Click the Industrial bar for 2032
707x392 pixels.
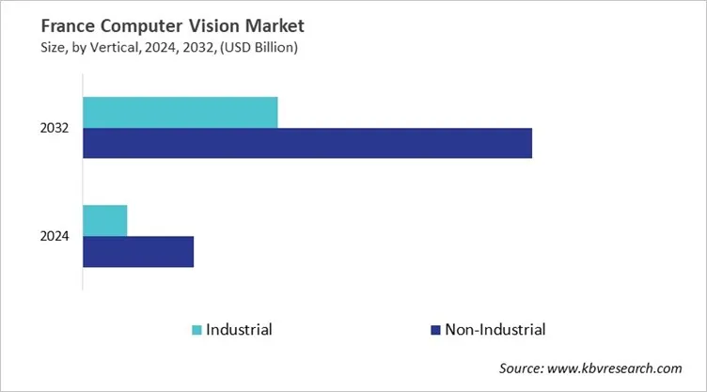(x=181, y=112)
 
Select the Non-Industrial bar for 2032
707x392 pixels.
(x=307, y=143)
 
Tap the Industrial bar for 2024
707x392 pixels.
(x=105, y=221)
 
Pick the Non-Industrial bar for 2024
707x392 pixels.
(x=138, y=252)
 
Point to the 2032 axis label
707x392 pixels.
(x=54, y=128)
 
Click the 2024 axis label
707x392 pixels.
(x=54, y=237)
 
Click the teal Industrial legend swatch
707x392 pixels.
(x=196, y=330)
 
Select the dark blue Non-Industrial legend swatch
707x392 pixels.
(x=435, y=330)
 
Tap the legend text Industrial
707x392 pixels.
(x=239, y=330)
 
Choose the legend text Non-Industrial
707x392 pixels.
(x=495, y=330)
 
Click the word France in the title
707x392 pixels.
(x=44, y=25)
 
